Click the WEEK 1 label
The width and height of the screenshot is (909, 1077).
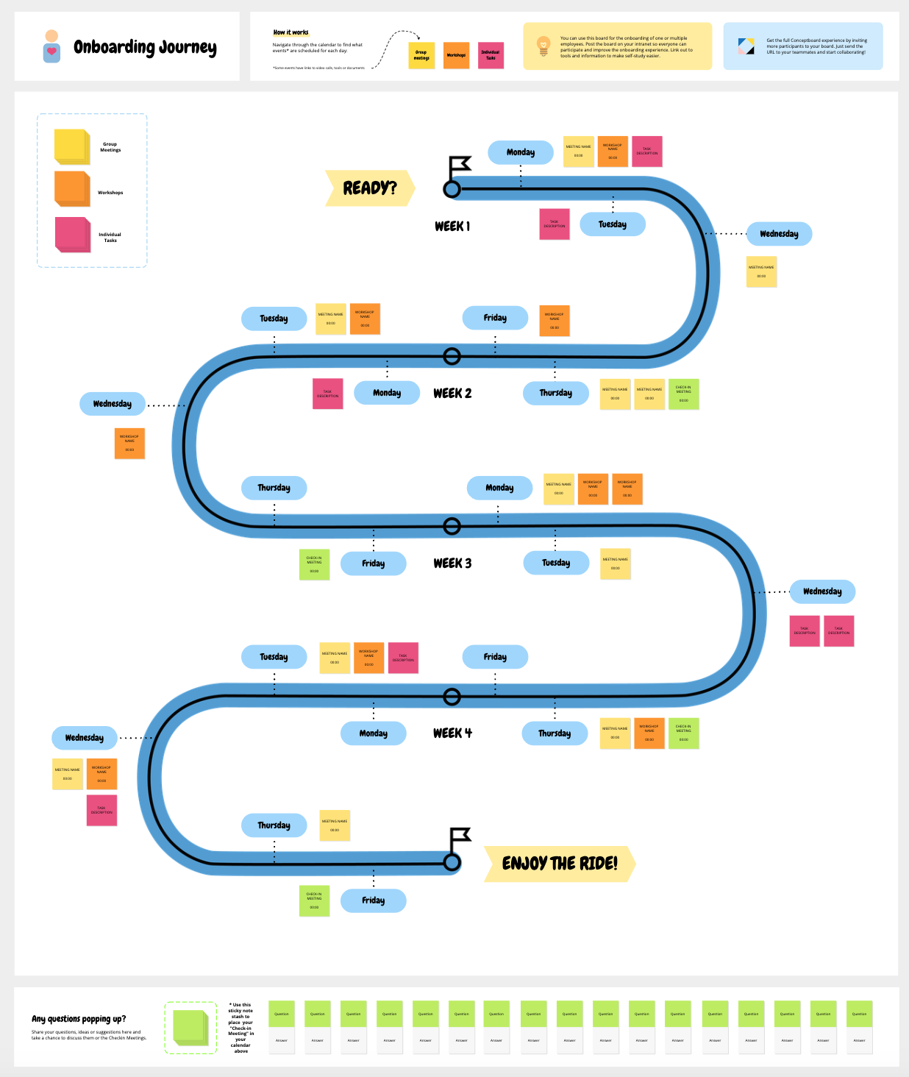click(x=452, y=226)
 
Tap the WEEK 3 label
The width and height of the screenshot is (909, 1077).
click(x=452, y=564)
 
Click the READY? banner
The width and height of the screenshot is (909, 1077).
click(x=370, y=188)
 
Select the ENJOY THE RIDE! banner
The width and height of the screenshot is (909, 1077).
click(x=559, y=864)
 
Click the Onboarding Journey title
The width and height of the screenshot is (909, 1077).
click(x=145, y=48)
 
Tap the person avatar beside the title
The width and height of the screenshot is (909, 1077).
click(x=51, y=46)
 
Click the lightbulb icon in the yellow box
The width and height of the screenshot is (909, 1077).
click(x=543, y=46)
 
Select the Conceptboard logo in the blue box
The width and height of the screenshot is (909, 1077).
click(x=746, y=46)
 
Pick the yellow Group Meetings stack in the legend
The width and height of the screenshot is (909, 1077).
click(x=71, y=146)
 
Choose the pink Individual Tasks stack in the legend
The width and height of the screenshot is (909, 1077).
click(x=72, y=235)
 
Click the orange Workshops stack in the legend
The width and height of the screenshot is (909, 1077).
click(x=71, y=188)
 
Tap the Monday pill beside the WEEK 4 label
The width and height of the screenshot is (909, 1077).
click(x=374, y=733)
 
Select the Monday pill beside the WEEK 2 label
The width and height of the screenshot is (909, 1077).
click(x=387, y=393)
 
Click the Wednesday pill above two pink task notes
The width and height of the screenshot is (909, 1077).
click(x=822, y=591)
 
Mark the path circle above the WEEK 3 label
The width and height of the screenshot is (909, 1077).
click(x=452, y=526)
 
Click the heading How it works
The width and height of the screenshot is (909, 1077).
click(x=290, y=32)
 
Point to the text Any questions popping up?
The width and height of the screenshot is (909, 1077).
click(x=79, y=1019)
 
